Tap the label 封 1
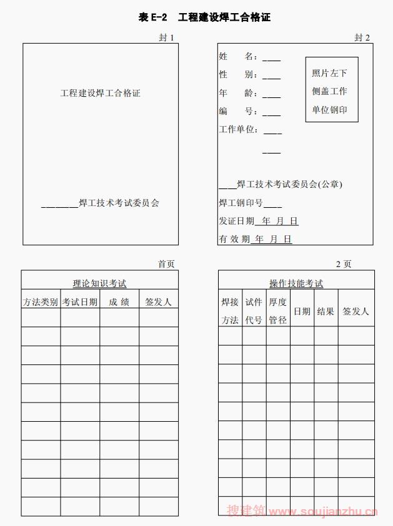(166, 37)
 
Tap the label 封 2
(362, 37)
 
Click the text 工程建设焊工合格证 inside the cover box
(100, 94)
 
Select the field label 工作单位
(239, 130)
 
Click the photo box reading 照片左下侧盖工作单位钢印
(331, 91)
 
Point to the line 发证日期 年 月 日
(259, 221)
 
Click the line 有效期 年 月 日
(256, 239)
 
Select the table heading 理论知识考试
(99, 284)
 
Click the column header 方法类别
(41, 302)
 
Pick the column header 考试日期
(80, 302)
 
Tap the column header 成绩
(119, 302)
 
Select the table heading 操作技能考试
(296, 284)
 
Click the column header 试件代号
(254, 311)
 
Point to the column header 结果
(326, 311)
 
